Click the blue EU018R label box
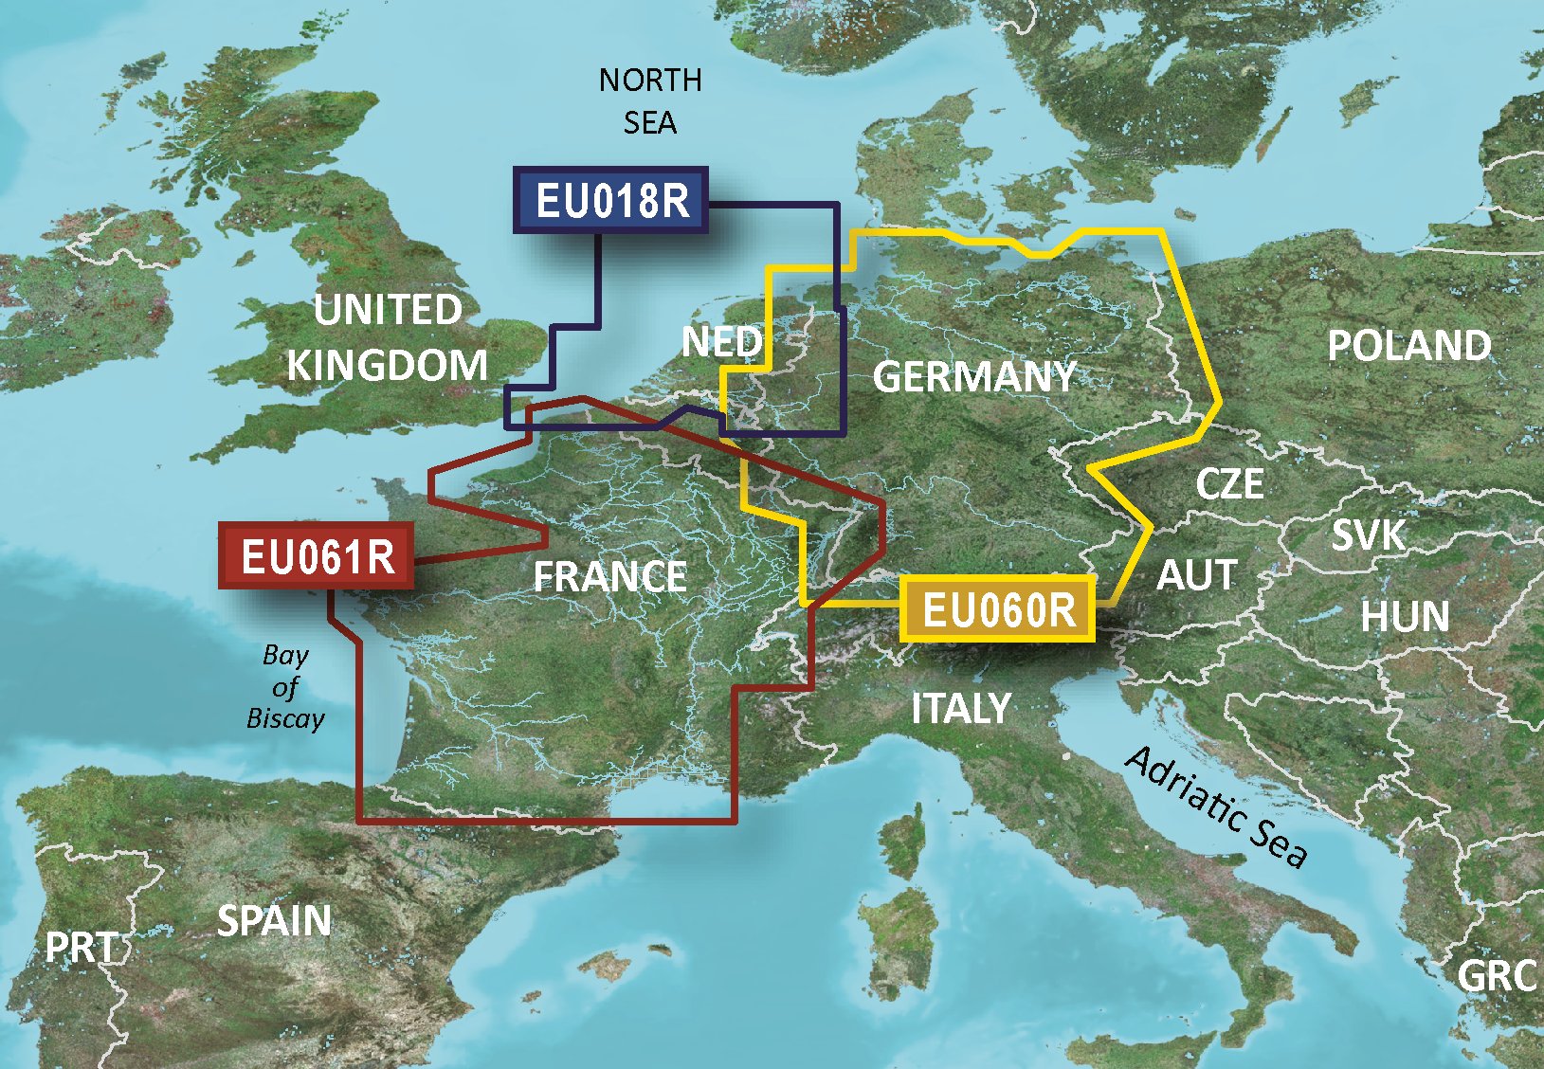(x=611, y=201)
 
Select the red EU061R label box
(x=317, y=556)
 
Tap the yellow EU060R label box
(x=998, y=609)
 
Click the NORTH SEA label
(x=650, y=100)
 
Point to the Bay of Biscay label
(x=285, y=686)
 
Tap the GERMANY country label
(x=973, y=377)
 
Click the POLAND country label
(x=1408, y=346)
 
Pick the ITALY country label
(x=960, y=708)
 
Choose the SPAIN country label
(x=274, y=921)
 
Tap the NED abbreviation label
(x=721, y=342)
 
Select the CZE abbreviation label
(x=1229, y=484)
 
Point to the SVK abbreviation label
(x=1368, y=536)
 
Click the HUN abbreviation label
(x=1405, y=618)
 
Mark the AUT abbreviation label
(x=1196, y=575)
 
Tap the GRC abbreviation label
(x=1496, y=976)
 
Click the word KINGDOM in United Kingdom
(x=387, y=366)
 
